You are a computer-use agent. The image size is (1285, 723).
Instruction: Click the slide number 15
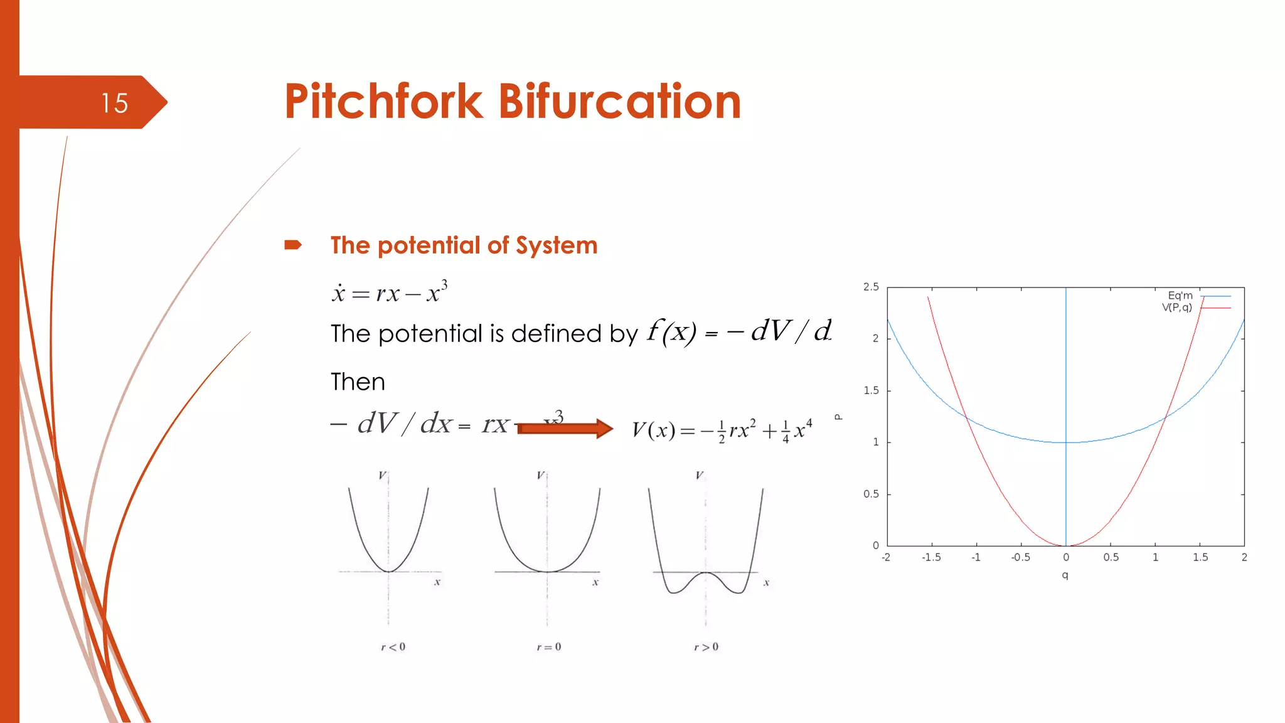pos(114,103)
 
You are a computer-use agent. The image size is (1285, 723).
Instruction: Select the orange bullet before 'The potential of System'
pos(293,245)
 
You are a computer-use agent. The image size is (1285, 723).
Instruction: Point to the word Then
pos(358,382)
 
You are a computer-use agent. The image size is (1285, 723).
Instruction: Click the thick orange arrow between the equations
pos(565,429)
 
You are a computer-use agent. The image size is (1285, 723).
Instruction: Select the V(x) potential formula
pos(722,431)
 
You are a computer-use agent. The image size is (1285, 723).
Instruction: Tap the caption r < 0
pos(393,647)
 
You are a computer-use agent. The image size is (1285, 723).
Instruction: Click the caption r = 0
pos(549,647)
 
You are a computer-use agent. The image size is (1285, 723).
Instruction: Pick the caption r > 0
pos(706,647)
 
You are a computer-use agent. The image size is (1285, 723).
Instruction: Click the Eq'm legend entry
pos(1180,296)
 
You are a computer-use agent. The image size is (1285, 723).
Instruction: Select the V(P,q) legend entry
pos(1177,308)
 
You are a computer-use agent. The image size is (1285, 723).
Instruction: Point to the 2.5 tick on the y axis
pos(871,287)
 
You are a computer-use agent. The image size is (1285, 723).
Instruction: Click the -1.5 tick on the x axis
pos(931,557)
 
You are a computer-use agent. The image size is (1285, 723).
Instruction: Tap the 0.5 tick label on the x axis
pos(1111,557)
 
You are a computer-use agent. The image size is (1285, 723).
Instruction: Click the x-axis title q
pos(1065,575)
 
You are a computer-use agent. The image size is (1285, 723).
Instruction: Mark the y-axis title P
pos(838,417)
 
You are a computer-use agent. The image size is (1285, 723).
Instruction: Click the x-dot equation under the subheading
pos(390,292)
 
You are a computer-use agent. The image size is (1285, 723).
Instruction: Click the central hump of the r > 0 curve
pos(706,574)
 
